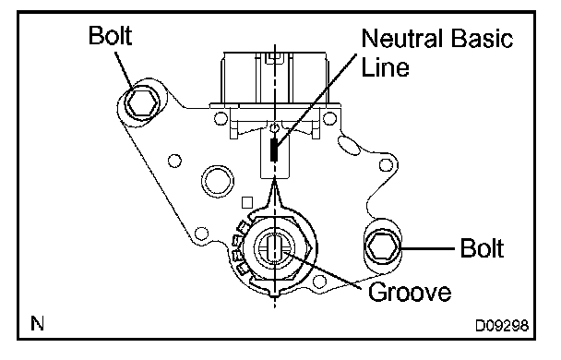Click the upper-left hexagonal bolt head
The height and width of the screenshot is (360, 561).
(x=142, y=103)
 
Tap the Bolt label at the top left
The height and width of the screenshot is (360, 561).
(x=110, y=35)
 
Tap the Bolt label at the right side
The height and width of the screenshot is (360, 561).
(x=482, y=247)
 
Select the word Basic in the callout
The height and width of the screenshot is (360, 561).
(x=482, y=38)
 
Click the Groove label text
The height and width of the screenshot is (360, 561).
(x=410, y=292)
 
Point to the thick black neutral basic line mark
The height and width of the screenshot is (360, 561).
(x=274, y=149)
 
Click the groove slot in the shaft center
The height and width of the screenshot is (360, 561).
(x=274, y=246)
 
